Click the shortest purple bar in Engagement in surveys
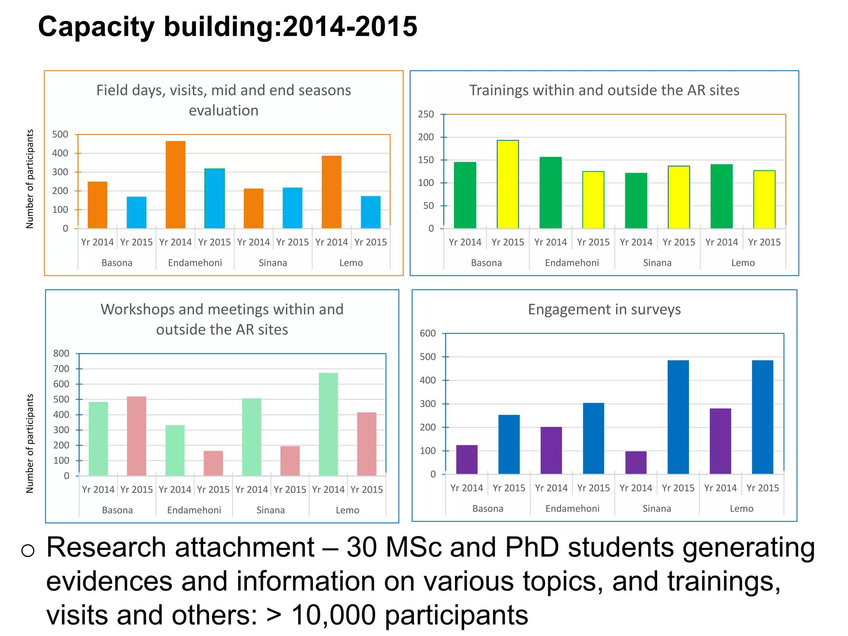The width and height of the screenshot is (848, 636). pos(636,463)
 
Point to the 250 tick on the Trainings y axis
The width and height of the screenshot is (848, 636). pos(426,114)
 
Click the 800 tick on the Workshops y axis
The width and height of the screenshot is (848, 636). pos(61,354)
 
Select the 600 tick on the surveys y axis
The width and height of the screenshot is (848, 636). pos(428,333)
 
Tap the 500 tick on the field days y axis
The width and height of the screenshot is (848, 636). pos(60,135)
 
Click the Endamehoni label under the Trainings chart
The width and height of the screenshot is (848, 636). pos(572,263)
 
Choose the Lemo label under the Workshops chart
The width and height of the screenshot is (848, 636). pos(347,510)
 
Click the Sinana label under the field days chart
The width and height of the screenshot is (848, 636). pos(273,263)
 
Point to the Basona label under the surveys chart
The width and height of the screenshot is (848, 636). pos(488,508)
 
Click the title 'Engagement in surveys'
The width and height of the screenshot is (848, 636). pos(604,310)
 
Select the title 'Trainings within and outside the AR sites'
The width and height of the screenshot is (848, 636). pos(604,90)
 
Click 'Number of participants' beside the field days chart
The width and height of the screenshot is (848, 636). pos(30,179)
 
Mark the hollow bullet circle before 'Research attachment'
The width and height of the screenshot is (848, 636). pos(28,550)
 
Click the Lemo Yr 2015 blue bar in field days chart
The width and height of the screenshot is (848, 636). pos(371,212)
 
